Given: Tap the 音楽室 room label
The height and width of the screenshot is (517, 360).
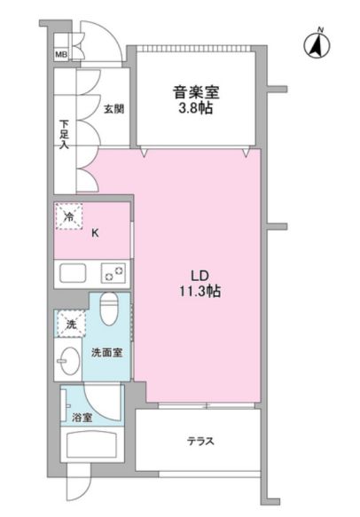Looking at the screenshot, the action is tap(196, 92).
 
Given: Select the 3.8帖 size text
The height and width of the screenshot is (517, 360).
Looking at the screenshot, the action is tap(195, 108).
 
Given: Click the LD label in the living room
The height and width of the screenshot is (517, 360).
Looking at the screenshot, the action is tap(200, 275).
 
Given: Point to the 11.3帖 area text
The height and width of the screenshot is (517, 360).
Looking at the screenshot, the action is tap(200, 291).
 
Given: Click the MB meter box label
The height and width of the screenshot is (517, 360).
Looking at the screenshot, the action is tap(61, 54).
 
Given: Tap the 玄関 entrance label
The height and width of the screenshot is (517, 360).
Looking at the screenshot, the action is tap(114, 109).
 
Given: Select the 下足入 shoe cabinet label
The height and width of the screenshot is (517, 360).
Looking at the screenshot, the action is tap(64, 134).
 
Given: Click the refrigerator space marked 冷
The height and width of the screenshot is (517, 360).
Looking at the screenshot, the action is tap(69, 216).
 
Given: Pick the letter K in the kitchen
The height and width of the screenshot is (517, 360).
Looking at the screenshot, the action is tap(95, 233).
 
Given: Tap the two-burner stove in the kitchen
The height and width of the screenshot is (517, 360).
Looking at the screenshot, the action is tap(113, 273).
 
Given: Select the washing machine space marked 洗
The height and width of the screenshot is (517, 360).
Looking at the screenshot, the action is tap(71, 324).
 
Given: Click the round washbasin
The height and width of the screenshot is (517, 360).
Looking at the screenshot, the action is tap(70, 361).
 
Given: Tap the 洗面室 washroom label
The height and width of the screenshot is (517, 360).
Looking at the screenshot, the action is tap(106, 353).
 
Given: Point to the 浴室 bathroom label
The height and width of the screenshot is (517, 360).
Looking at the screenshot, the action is tap(82, 418).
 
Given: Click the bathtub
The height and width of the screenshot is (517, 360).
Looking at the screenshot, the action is tap(91, 443).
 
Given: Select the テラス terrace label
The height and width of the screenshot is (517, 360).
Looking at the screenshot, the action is tap(200, 441).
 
